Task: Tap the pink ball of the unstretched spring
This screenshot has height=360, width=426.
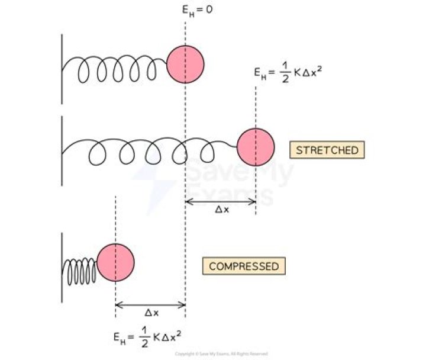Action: click(x=185, y=62)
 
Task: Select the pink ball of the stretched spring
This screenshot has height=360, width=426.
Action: click(x=256, y=147)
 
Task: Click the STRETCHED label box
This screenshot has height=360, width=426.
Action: click(x=327, y=150)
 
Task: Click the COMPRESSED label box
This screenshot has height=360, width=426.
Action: click(x=244, y=266)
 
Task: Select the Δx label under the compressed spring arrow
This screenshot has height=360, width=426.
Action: click(x=151, y=313)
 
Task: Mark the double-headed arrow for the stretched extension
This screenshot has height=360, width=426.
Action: click(x=220, y=201)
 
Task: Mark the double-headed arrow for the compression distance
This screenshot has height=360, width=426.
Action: click(x=150, y=305)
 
